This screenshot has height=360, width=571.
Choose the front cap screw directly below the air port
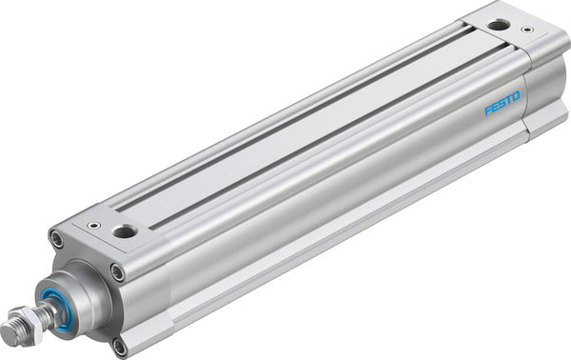click(x=118, y=272)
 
